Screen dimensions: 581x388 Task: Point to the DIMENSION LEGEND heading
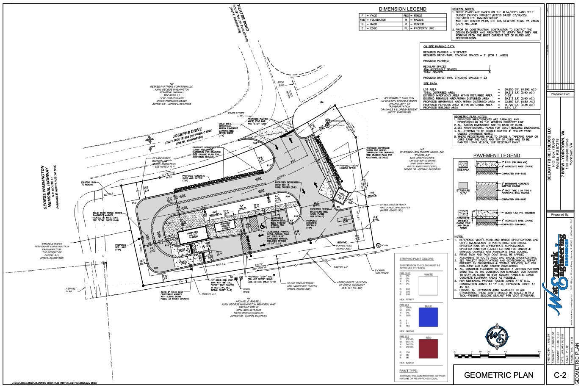tap(403, 9)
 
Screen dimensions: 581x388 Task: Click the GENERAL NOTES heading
tap(463, 9)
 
